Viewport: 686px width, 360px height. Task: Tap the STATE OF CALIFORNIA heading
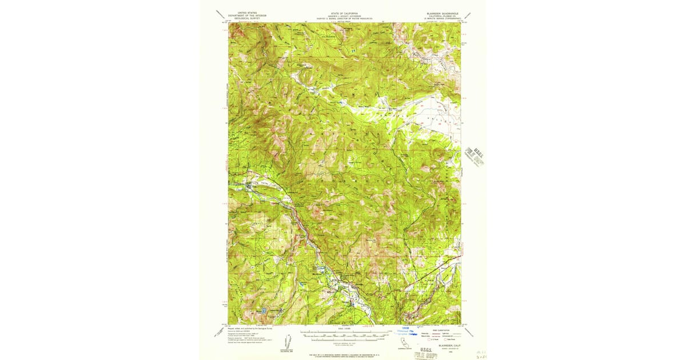pyautogui.click(x=344, y=12)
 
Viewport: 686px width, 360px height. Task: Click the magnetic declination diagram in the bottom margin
pyautogui.click(x=291, y=342)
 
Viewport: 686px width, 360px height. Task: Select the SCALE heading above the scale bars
pyautogui.click(x=344, y=329)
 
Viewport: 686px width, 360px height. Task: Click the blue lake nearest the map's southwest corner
pyautogui.click(x=264, y=311)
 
